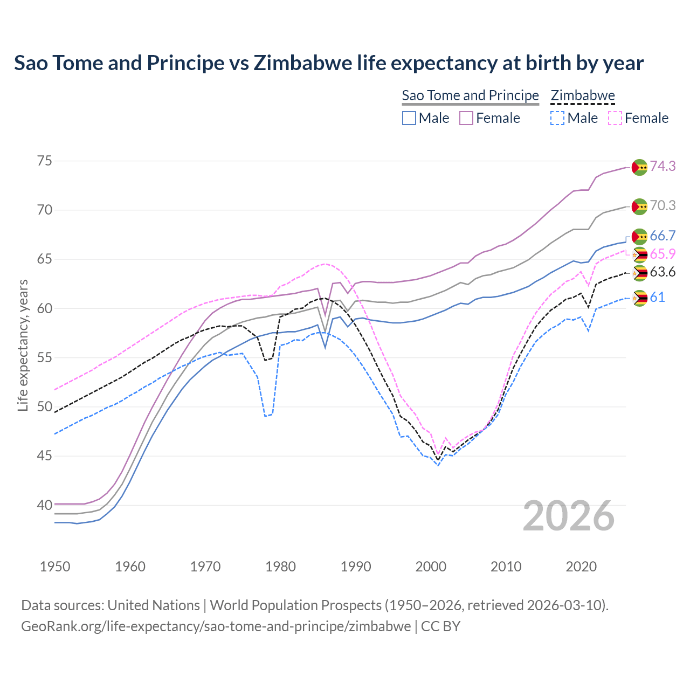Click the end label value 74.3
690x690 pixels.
(663, 166)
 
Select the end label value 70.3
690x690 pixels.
(663, 205)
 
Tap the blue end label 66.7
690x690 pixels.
(663, 236)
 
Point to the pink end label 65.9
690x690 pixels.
(663, 254)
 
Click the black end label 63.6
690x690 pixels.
(663, 272)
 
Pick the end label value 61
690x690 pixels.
(657, 297)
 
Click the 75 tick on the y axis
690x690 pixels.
(45, 161)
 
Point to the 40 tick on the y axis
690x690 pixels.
(45, 505)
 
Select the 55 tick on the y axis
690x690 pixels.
(45, 357)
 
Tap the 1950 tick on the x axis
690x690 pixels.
(56, 567)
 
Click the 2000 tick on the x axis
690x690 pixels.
(431, 567)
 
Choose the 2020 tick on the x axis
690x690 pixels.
(582, 567)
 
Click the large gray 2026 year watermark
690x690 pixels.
(569, 516)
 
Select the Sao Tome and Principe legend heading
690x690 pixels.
(470, 95)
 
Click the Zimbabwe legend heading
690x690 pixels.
(583, 95)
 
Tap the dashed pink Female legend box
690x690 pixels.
(615, 118)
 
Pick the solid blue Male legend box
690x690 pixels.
(409, 118)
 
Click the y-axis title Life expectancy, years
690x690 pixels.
(23, 345)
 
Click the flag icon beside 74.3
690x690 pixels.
(639, 167)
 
